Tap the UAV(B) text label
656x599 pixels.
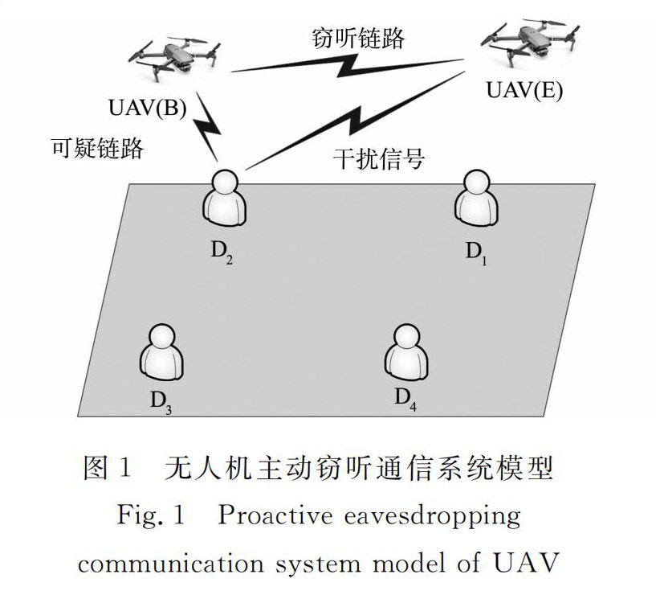pos(147,108)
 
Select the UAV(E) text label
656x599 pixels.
pos(524,89)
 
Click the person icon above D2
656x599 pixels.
pos(224,197)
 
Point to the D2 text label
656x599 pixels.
pos(222,250)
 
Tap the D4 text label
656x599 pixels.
pos(405,399)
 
